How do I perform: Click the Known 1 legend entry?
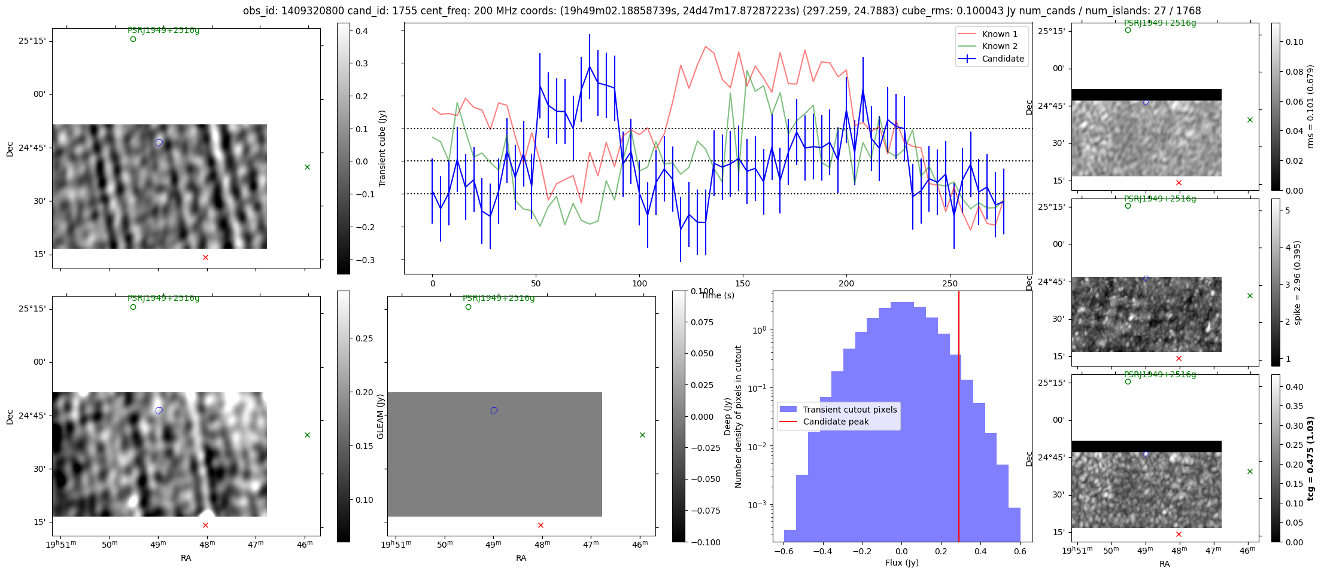pos(1000,34)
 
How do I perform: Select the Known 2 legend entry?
pos(1000,46)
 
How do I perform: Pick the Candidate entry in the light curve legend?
pos(1003,59)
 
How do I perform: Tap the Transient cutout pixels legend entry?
pos(849,410)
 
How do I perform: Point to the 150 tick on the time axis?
pos(743,283)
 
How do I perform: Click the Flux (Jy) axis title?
pos(901,563)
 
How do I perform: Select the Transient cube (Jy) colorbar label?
pos(382,148)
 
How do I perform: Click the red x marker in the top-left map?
pos(205,257)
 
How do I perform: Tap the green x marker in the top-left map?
pos(307,167)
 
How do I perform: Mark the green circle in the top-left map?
pos(133,39)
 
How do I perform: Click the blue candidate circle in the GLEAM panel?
pos(494,411)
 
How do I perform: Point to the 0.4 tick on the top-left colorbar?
pos(362,31)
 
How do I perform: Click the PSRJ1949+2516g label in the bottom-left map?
pos(163,298)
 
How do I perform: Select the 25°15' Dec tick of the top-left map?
pos(32,41)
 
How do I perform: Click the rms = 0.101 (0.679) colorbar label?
pos(1310,106)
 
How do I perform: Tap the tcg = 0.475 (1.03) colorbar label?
pos(1310,459)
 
